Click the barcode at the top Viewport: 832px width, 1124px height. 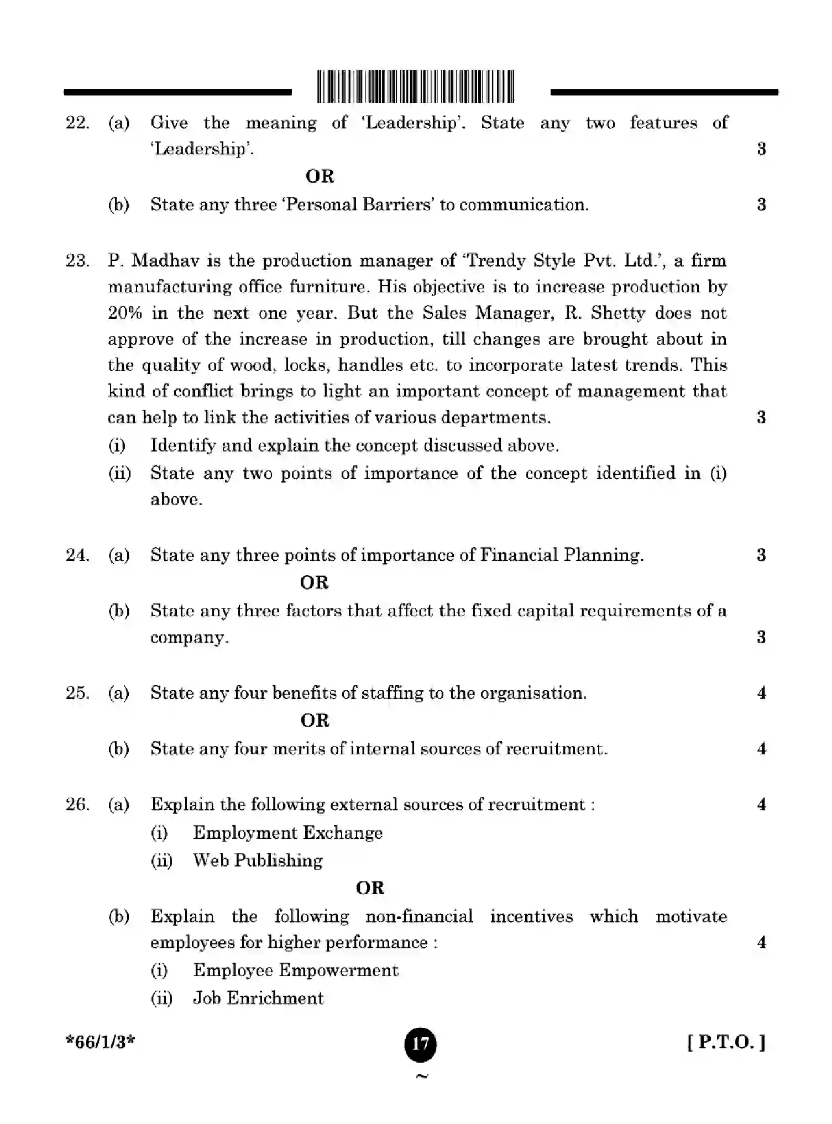(416, 87)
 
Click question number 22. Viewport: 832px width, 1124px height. (77, 123)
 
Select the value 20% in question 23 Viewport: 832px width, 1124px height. (125, 313)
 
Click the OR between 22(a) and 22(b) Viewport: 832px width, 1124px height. (320, 177)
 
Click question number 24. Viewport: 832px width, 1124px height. (77, 555)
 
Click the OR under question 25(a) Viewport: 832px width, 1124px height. (315, 721)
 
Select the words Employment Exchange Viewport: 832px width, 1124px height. (287, 833)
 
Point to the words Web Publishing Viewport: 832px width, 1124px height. (258, 860)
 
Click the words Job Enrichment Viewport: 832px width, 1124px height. (258, 998)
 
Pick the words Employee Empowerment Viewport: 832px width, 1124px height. (296, 970)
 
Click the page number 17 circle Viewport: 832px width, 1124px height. (421, 1044)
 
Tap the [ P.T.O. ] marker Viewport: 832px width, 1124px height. (726, 1043)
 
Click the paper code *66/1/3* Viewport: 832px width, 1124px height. (100, 1043)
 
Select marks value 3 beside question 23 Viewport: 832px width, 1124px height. (761, 417)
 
